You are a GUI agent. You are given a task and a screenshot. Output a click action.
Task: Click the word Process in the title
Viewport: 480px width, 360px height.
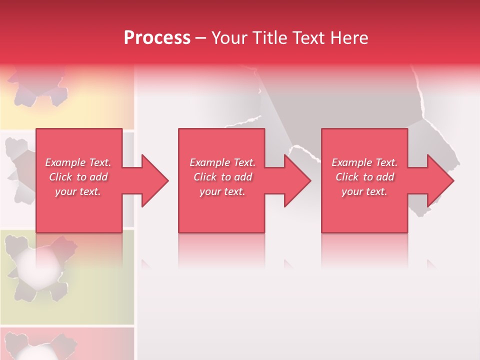coord(157,38)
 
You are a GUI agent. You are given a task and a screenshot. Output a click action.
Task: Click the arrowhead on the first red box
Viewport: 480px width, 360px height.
coord(152,180)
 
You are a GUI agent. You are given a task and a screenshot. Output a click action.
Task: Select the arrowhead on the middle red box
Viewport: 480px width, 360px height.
coord(295,180)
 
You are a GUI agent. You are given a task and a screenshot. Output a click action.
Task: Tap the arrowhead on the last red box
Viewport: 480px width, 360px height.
coord(438,180)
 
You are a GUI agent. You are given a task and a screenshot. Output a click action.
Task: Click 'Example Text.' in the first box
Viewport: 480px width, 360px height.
coord(78,162)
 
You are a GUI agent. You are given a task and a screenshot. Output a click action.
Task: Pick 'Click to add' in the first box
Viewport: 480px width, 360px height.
coord(78,177)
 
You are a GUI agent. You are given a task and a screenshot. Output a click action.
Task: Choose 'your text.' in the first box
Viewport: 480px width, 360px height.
coord(78,191)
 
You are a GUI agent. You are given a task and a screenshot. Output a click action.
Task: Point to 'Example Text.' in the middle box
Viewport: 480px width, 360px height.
coord(222,162)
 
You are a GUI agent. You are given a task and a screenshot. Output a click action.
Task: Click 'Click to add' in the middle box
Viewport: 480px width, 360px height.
coord(222,177)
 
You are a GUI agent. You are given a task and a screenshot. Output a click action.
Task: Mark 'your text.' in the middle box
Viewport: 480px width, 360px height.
coord(222,191)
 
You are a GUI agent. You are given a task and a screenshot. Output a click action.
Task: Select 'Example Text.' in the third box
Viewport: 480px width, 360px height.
coord(364,162)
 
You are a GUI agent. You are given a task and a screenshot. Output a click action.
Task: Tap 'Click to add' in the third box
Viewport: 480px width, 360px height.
coord(364,177)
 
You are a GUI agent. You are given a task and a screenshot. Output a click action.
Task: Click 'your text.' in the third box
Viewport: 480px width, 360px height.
coord(364,191)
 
